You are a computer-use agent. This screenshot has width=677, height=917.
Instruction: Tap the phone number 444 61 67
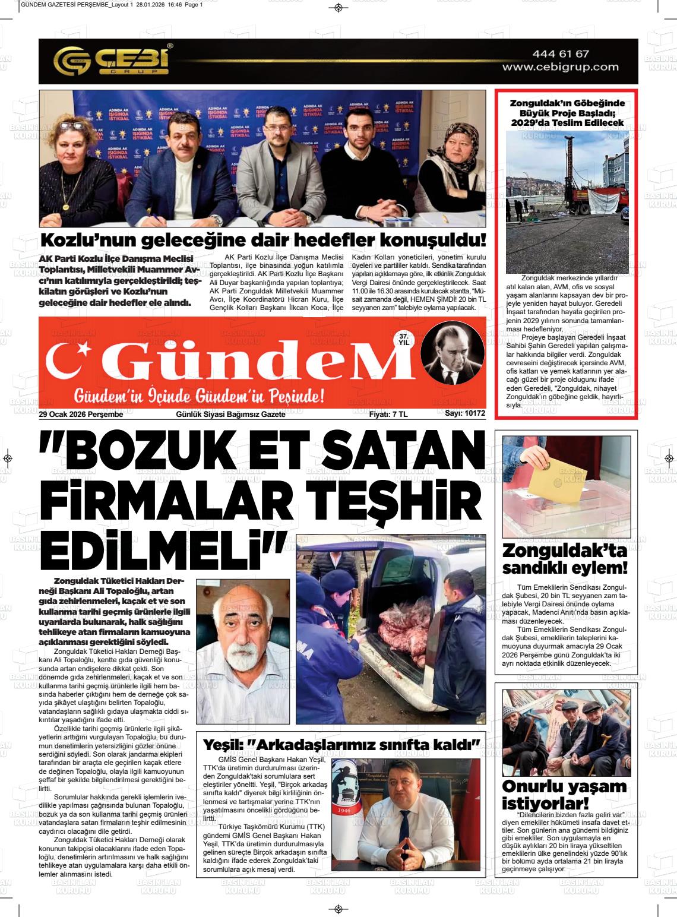click(x=561, y=54)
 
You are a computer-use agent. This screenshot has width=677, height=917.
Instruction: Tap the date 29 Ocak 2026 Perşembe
click(x=81, y=414)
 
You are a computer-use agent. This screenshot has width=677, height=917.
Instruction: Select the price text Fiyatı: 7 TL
click(x=388, y=414)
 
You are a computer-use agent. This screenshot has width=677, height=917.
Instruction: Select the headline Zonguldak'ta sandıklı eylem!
click(x=564, y=559)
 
